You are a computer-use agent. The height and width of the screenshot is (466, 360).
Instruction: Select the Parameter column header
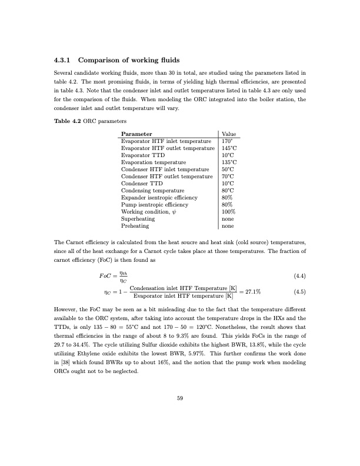click(x=140, y=134)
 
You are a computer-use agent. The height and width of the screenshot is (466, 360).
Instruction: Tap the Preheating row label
click(x=135, y=225)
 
